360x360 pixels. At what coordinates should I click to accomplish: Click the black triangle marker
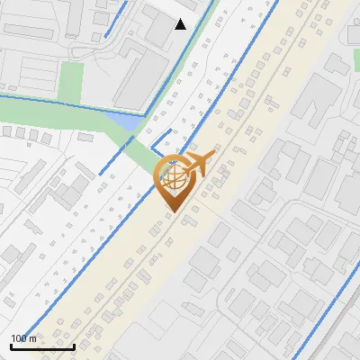[181, 24]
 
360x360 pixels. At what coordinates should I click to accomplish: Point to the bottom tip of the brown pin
[171, 212]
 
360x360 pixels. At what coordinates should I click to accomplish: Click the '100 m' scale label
[23, 338]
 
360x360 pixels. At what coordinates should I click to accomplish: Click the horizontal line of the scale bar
[42, 346]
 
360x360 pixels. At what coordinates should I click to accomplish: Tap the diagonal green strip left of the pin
[139, 157]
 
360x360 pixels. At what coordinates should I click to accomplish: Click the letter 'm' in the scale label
[33, 338]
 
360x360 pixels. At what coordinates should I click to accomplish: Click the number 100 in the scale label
[19, 338]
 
